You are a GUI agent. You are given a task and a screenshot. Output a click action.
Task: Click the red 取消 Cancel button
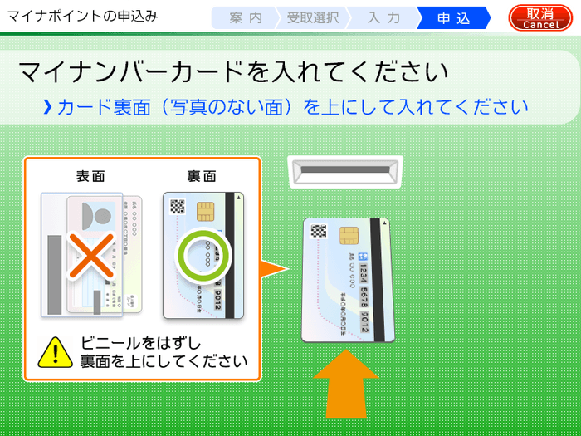[540, 17]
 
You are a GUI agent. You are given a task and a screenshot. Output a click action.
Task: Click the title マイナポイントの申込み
[81, 17]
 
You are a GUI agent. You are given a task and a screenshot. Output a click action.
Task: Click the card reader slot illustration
[344, 173]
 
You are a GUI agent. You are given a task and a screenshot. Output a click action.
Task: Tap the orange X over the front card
[90, 255]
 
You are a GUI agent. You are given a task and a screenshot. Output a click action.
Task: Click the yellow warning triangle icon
[55, 352]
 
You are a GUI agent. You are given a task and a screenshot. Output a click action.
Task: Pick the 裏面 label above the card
[202, 176]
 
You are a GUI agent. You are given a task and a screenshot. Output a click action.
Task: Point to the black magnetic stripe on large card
[378, 282]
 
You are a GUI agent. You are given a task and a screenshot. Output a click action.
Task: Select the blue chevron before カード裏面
[47, 107]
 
